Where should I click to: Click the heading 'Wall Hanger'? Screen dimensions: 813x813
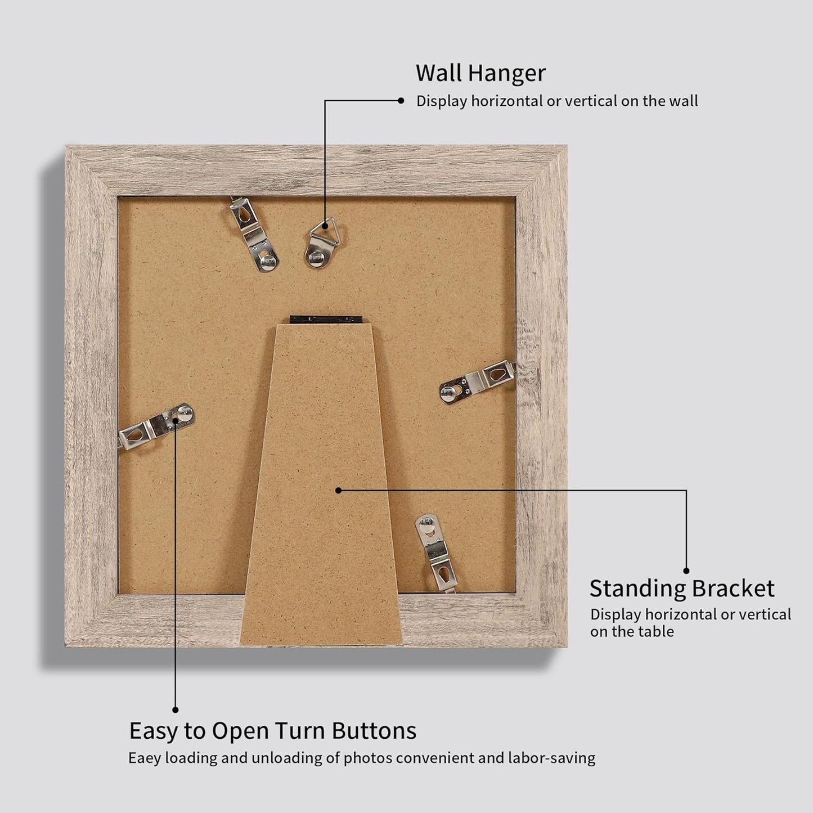click(480, 73)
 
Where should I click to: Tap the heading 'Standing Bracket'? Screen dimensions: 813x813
click(681, 589)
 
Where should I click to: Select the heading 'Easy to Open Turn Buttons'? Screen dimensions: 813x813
click(273, 731)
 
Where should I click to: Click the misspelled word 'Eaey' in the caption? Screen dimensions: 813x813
click(145, 758)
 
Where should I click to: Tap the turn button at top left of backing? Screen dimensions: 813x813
click(254, 233)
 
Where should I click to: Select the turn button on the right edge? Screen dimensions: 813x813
click(478, 382)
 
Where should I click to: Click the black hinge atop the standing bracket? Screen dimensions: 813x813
click(325, 319)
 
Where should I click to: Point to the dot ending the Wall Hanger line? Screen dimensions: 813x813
click(401, 101)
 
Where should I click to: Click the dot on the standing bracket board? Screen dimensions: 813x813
click(338, 490)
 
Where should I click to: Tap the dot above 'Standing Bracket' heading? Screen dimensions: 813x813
click(686, 571)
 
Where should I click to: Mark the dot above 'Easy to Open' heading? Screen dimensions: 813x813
click(176, 710)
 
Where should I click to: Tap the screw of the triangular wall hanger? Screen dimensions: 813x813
click(316, 258)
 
